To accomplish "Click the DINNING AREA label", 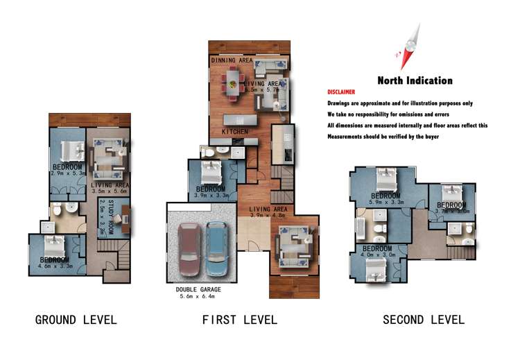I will point(232,61).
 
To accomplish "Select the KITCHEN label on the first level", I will point(234,131).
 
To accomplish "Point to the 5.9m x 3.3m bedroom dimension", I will point(386,203).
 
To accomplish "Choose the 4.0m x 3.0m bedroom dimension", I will point(377,255).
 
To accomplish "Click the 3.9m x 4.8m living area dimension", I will point(267,215).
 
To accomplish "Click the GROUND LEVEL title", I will point(76,320).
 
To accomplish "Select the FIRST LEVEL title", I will point(239,320).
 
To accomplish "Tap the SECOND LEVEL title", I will point(424,320).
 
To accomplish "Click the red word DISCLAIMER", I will point(341,92).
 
